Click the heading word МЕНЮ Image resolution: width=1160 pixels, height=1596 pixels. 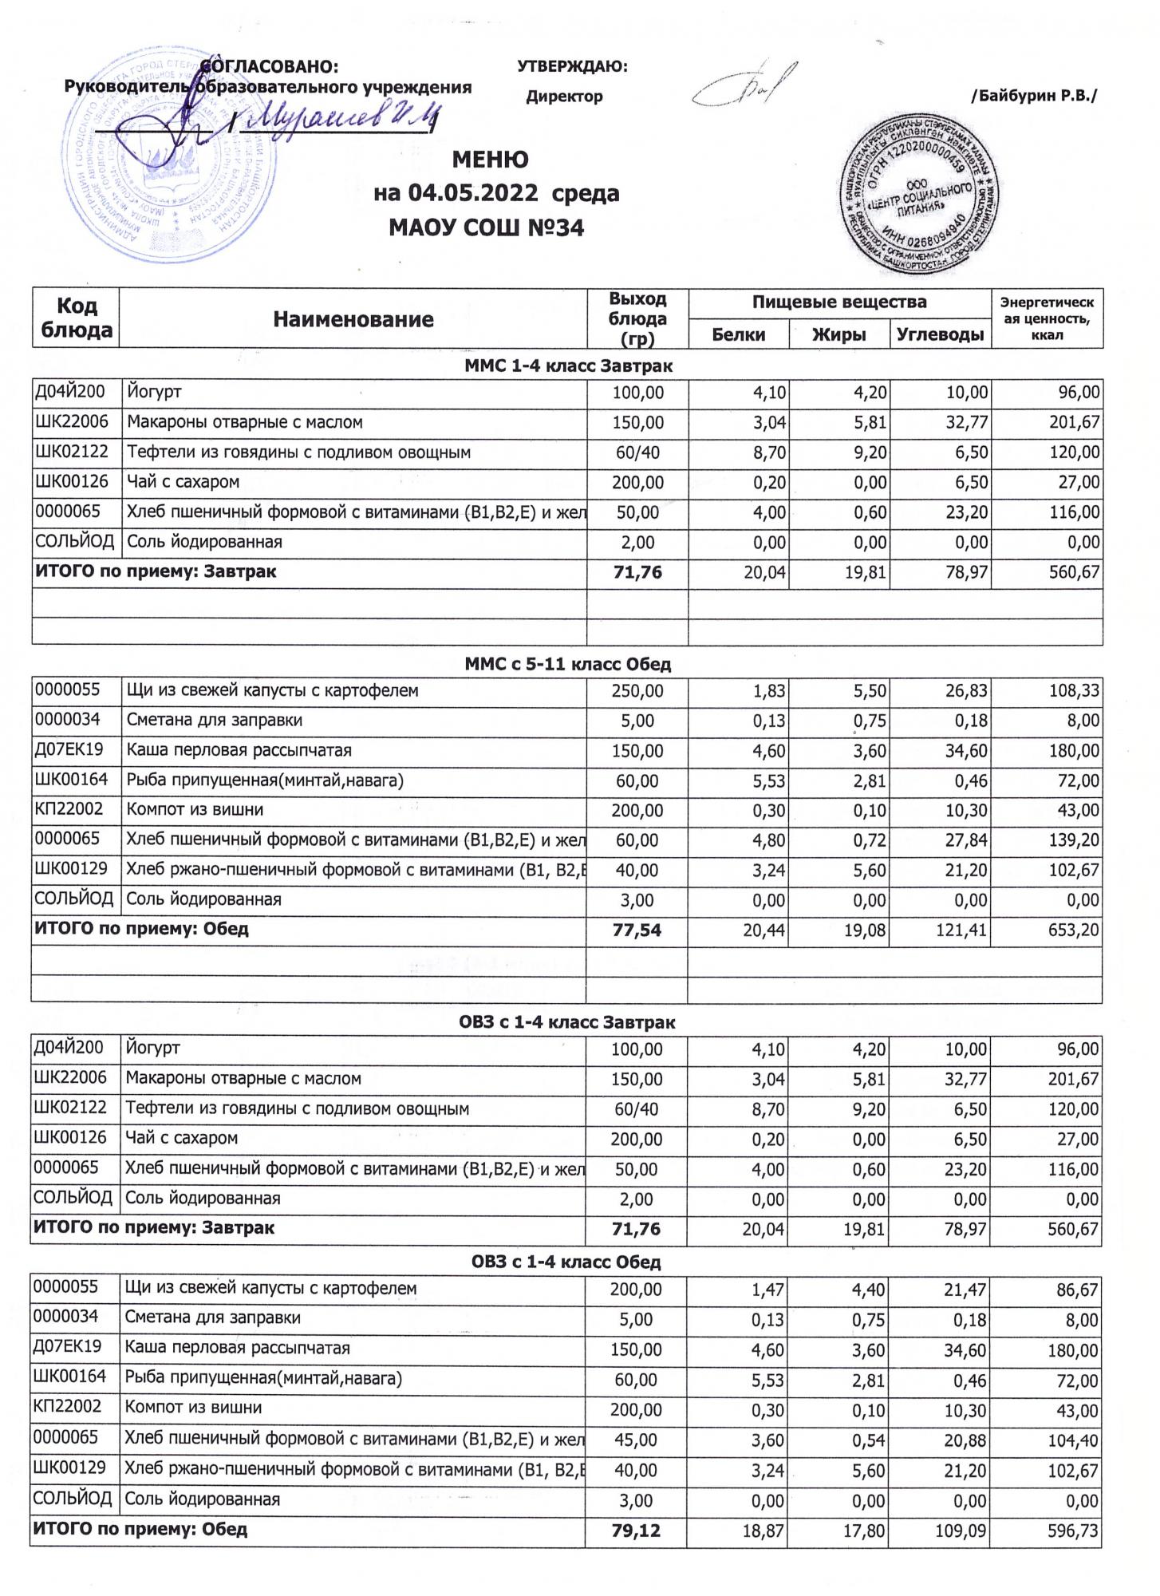(490, 160)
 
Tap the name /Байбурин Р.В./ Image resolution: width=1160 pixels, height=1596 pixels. (1033, 97)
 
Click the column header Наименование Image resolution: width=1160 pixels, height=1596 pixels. (353, 319)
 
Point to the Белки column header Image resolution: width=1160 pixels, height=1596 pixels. (738, 334)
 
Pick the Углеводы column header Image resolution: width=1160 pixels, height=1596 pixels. (940, 334)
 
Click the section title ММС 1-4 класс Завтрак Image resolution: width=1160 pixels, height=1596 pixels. (567, 366)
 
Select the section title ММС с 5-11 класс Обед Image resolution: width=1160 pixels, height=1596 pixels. (567, 664)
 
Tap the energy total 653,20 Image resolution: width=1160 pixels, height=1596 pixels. (1074, 930)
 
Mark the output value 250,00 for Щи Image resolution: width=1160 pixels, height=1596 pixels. (637, 691)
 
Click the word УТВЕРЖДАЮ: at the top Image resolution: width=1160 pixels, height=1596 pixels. (572, 67)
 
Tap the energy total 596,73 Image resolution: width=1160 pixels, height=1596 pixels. (1073, 1531)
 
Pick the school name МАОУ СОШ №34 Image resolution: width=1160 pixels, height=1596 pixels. (486, 228)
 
